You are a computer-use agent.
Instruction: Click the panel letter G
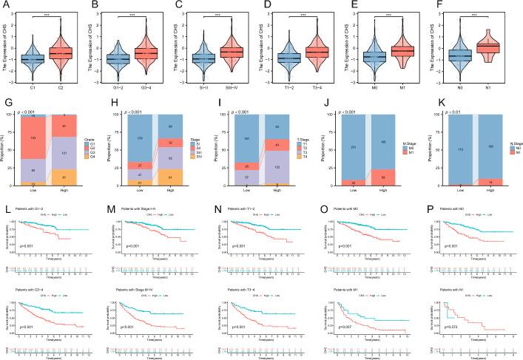pos(6,105)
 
